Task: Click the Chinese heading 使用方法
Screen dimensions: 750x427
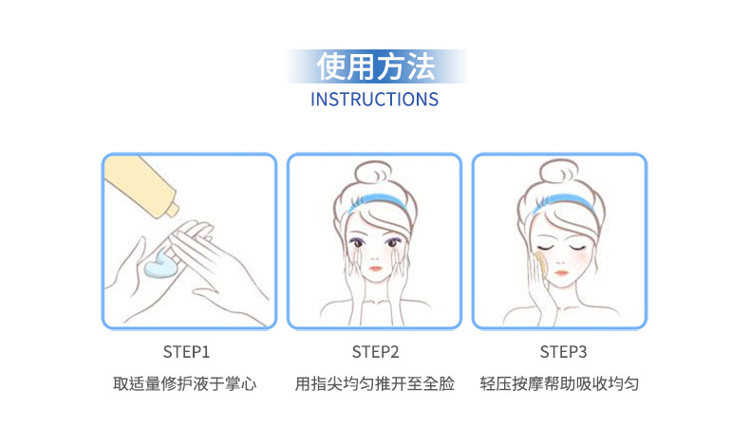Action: [x=376, y=66]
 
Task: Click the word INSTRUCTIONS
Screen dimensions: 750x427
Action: [x=374, y=100]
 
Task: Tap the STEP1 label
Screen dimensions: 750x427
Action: [x=186, y=352]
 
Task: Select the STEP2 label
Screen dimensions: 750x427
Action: [x=375, y=352]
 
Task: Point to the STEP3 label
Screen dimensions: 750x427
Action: [x=563, y=352]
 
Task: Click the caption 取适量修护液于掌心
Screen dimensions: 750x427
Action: [x=184, y=383]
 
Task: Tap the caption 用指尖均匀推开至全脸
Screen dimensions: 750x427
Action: [x=374, y=383]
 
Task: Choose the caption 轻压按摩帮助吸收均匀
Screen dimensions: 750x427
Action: [x=559, y=383]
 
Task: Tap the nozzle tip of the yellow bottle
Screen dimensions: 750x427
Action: [x=173, y=210]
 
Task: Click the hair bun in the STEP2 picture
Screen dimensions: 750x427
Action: [x=373, y=174]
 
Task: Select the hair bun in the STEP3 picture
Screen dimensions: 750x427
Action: [x=558, y=174]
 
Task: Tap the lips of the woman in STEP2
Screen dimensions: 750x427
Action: [x=375, y=269]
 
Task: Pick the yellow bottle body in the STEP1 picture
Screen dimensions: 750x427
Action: [x=140, y=184]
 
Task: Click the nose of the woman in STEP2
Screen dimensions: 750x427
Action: [x=374, y=256]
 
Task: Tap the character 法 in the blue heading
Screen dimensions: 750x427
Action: [x=421, y=66]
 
